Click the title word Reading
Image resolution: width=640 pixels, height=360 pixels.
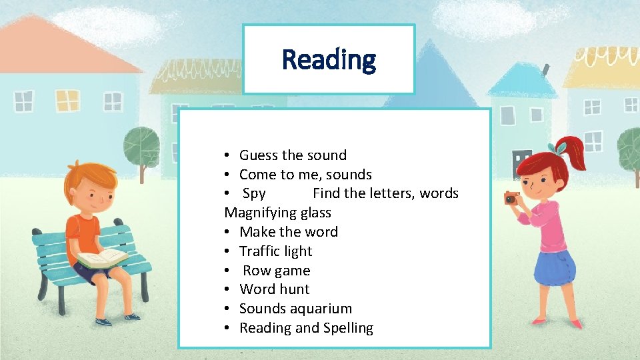(x=329, y=59)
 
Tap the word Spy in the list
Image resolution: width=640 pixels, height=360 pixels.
(x=254, y=193)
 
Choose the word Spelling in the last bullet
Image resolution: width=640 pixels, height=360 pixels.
(x=348, y=328)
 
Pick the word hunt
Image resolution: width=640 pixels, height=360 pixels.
(x=294, y=289)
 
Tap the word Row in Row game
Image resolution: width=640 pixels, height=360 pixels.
(x=256, y=271)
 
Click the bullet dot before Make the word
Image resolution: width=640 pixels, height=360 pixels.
(x=227, y=233)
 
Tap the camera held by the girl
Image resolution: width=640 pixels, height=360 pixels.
(x=511, y=198)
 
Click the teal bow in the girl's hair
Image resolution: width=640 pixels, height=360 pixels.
(x=559, y=147)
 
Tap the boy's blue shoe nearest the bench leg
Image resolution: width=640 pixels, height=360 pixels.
(x=103, y=321)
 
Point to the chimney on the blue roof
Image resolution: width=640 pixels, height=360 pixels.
(x=545, y=70)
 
